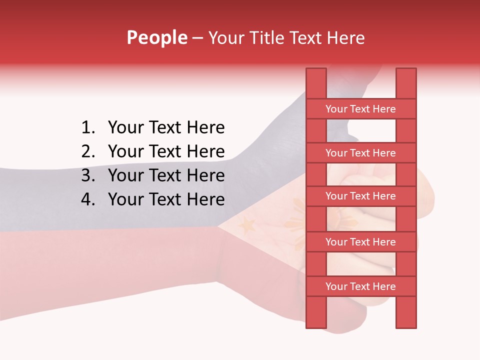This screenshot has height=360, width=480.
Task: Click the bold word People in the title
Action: click(x=156, y=37)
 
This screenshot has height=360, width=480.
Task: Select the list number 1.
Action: click(x=87, y=128)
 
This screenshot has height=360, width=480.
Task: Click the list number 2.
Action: click(x=87, y=151)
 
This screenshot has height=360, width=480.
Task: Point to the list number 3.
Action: click(x=87, y=175)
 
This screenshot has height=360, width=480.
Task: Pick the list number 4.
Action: click(x=87, y=199)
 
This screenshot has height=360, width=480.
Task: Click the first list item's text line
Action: click(x=166, y=128)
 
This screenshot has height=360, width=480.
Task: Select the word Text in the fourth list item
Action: click(x=165, y=199)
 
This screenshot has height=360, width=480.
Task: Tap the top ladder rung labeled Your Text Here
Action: click(x=360, y=109)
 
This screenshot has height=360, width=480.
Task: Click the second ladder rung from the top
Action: click(x=360, y=153)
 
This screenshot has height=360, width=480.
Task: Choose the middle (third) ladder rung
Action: click(x=360, y=196)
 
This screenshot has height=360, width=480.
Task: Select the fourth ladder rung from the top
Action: click(x=360, y=242)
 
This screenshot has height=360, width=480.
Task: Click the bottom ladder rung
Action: click(x=360, y=286)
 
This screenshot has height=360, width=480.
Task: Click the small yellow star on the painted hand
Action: click(x=247, y=226)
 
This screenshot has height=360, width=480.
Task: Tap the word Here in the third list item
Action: click(x=205, y=175)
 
